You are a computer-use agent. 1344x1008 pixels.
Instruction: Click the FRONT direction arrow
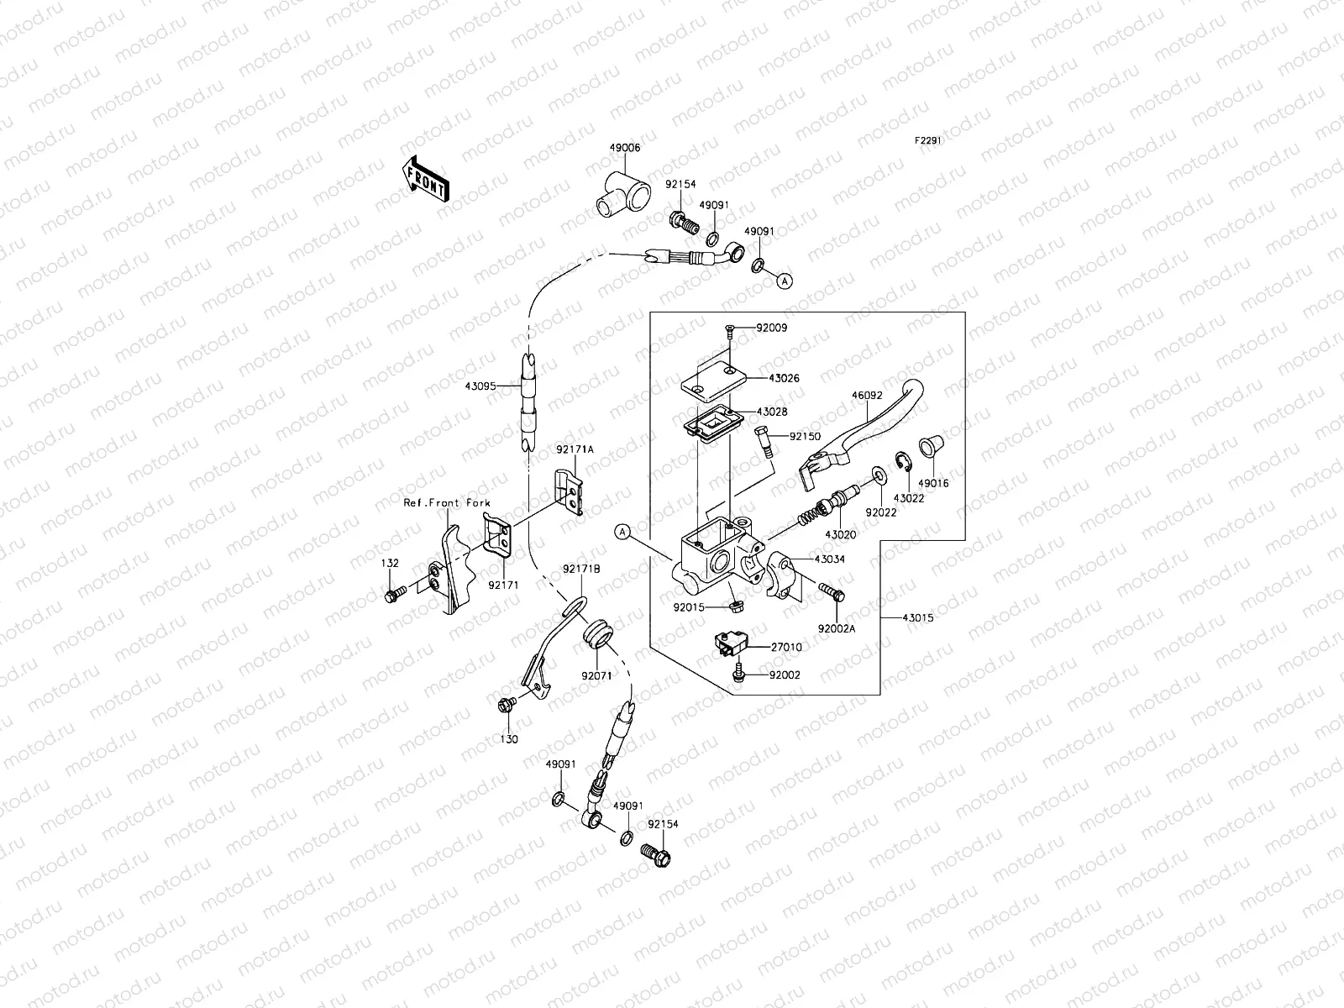[x=426, y=179]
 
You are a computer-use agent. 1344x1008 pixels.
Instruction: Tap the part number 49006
[x=625, y=148]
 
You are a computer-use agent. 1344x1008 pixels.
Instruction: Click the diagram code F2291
[x=927, y=140]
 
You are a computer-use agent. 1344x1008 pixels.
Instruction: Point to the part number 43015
[x=918, y=618]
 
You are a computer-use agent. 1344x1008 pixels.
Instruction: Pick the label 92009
[x=771, y=328]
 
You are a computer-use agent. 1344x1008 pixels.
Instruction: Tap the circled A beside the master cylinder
[x=622, y=532]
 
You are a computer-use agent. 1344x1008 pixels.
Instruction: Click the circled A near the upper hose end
[x=785, y=281]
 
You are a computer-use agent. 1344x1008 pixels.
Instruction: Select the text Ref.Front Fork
[x=447, y=503]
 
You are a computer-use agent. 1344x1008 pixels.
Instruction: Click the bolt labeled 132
[x=395, y=593]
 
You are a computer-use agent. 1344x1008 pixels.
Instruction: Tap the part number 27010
[x=786, y=647]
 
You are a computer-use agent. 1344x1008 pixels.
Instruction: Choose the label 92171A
[x=575, y=449]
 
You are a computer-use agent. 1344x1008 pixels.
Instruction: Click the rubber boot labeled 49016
[x=931, y=447]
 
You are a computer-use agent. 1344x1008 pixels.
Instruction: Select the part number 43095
[x=480, y=386]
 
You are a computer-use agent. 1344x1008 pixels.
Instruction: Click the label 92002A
[x=837, y=628]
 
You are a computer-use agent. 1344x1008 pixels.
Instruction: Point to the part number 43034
[x=830, y=559]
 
